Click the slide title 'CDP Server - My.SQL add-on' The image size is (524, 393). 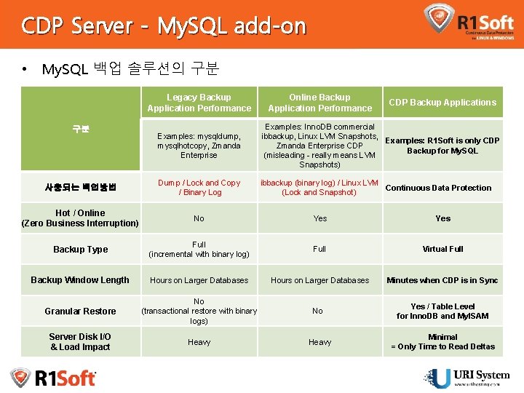tap(164, 26)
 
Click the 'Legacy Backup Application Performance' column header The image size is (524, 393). tap(199, 103)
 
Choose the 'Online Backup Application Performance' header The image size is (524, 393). tap(319, 103)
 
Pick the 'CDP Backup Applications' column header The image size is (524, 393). tap(442, 103)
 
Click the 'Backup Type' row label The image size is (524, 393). tap(80, 250)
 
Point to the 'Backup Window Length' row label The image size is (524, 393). tap(80, 280)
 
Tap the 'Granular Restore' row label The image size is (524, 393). tap(80, 311)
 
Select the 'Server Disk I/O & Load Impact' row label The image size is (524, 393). tap(80, 341)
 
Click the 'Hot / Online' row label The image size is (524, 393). tap(80, 218)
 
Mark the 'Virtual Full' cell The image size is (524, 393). tap(442, 249)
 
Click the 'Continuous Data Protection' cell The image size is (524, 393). tap(438, 188)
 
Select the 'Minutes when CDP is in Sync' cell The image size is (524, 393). tap(442, 280)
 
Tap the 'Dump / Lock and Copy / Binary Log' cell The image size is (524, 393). tap(199, 188)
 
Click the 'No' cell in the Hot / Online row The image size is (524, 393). tap(199, 218)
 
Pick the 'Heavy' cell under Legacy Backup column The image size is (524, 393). tap(199, 342)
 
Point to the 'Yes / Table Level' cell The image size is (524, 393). tap(442, 311)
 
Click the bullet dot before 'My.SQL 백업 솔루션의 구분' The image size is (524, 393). tap(25, 70)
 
